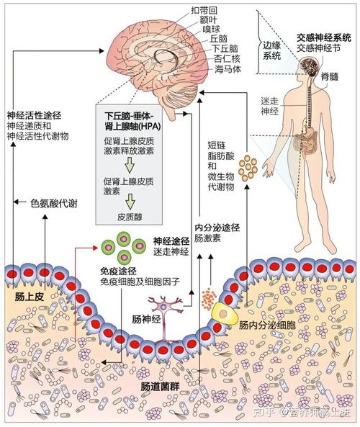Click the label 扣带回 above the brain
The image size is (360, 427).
pyautogui.click(x=207, y=11)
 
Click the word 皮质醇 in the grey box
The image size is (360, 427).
pyautogui.click(x=132, y=215)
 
